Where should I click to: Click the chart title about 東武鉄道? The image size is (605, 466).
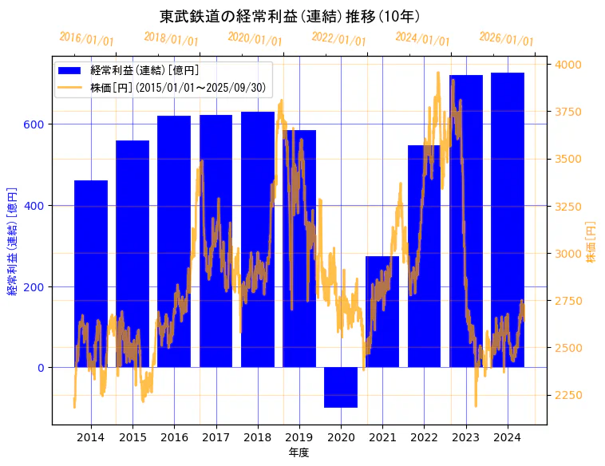(290, 16)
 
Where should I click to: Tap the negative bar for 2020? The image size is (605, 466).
(341, 388)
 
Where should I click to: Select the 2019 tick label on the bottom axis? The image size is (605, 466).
(299, 437)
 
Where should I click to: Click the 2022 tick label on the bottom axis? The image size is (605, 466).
(424, 437)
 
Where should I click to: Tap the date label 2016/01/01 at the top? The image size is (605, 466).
(86, 38)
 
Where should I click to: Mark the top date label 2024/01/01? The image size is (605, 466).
(422, 38)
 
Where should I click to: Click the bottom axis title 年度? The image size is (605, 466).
(299, 452)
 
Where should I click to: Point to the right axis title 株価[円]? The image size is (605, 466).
(591, 243)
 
